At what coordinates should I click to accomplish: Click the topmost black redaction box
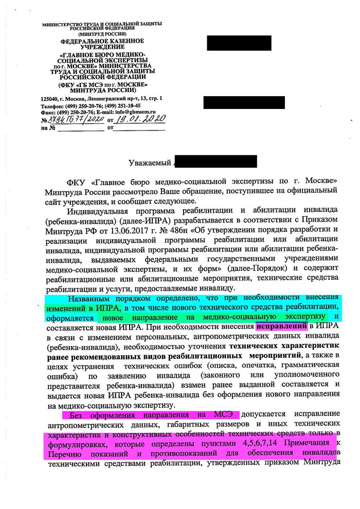pyautogui.click(x=239, y=43)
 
